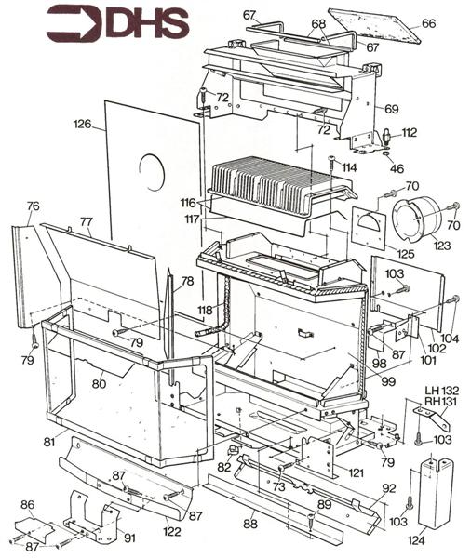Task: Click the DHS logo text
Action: pos(147,23)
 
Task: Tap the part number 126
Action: pos(82,125)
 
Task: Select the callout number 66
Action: pos(428,23)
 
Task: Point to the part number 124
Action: pos(416,541)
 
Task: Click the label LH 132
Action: pos(442,390)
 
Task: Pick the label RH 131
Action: pos(440,402)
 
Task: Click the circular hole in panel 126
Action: pos(152,172)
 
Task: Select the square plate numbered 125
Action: pos(369,228)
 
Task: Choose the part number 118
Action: pos(205,310)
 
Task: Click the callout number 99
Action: pos(388,381)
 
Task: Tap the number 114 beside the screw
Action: pos(349,167)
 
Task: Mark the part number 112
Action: pos(409,132)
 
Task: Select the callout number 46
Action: pos(397,168)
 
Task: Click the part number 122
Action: pos(172,532)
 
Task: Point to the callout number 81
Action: pos(49,442)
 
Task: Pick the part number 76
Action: pos(33,206)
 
